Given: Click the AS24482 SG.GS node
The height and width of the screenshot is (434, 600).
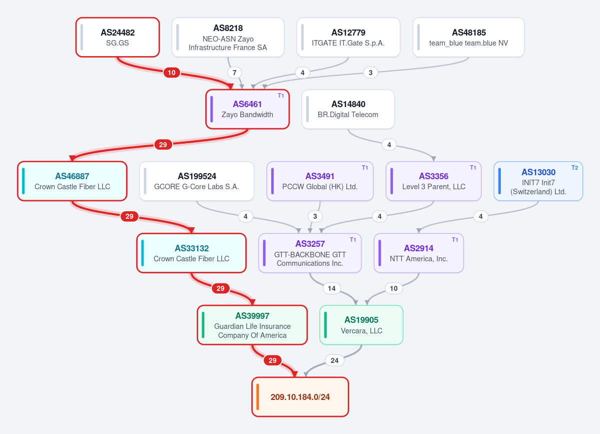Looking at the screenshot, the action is tap(118, 37).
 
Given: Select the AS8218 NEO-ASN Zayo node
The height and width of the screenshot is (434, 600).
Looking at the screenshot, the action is tap(228, 37).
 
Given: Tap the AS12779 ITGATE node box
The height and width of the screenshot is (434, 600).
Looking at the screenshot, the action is tap(348, 37).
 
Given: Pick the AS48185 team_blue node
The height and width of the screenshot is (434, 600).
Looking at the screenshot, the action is tap(468, 37).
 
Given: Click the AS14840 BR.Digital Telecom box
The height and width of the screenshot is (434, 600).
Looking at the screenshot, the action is tap(348, 109).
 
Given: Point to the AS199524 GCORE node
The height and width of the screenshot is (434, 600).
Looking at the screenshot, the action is tap(197, 181).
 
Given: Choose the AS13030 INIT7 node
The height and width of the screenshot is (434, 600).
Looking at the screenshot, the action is tap(538, 181).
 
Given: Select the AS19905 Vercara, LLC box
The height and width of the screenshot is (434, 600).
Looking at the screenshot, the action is tap(361, 325).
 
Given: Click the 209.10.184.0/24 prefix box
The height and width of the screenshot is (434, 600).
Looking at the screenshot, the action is tap(300, 397).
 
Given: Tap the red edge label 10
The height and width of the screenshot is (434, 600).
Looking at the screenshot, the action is tap(172, 73).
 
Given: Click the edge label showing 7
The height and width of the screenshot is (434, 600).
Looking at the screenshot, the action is tap(235, 73).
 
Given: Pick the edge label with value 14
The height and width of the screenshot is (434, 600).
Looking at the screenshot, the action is tap(332, 288).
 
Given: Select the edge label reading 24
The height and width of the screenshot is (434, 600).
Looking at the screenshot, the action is tap(334, 360).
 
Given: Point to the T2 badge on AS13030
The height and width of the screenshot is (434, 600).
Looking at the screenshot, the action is tap(575, 168).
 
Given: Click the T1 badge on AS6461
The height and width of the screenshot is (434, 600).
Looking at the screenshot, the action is tap(281, 96).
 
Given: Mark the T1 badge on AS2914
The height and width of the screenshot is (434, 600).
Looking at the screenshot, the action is tap(455, 240).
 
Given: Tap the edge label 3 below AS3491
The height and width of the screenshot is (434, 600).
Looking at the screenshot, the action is tap(315, 217).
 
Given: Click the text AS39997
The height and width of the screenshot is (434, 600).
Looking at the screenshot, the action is tap(252, 316).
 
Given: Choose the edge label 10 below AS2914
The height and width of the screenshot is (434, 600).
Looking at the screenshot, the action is tap(394, 288).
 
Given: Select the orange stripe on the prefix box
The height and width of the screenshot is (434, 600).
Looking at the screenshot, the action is tap(258, 397).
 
